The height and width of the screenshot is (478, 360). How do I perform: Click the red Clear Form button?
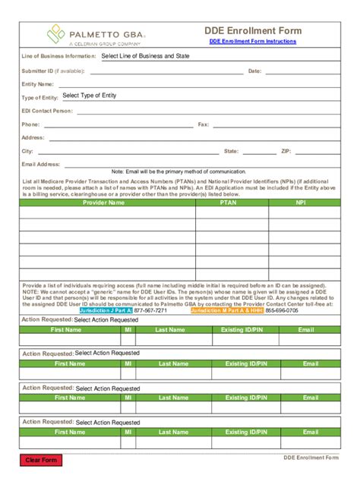(41, 460)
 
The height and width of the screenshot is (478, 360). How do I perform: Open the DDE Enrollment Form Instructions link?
(253, 42)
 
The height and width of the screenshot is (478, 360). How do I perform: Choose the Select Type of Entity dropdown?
(90, 96)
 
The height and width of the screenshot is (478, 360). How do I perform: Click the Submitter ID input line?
(163, 71)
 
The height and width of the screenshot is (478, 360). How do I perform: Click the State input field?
(259, 151)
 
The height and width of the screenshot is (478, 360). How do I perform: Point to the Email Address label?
(41, 164)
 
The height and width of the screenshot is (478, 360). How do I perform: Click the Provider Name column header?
(104, 203)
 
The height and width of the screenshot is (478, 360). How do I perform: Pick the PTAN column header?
(228, 203)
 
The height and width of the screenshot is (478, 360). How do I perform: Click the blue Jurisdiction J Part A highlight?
(106, 310)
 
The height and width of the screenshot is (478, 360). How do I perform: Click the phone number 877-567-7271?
(150, 310)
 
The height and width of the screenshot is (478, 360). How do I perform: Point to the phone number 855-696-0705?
(282, 310)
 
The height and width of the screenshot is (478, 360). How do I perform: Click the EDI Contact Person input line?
(205, 111)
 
